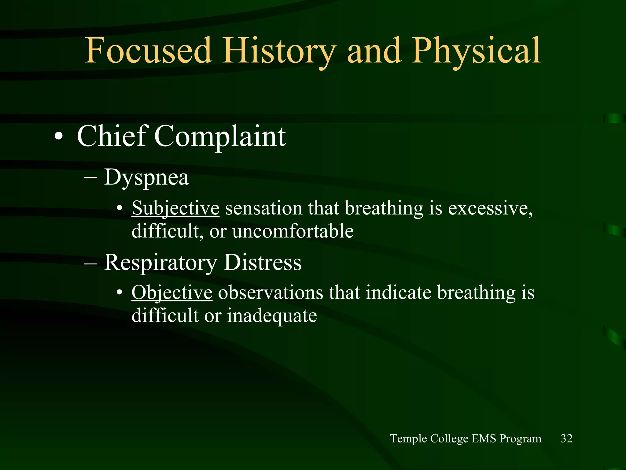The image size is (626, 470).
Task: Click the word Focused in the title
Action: coord(148,50)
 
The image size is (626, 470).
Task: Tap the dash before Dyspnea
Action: coord(90,177)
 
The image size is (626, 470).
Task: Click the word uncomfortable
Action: coord(293,231)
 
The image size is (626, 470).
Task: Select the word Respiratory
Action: coord(160,263)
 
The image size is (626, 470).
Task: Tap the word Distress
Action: coord(263,262)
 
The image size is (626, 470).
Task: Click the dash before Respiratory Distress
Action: coord(90,263)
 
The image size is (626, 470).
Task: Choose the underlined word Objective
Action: coord(172,293)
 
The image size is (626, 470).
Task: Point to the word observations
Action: coord(270,293)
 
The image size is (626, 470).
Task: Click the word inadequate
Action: coord(272,316)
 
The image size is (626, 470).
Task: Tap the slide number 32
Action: coord(566,438)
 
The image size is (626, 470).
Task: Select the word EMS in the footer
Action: coord(484,438)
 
